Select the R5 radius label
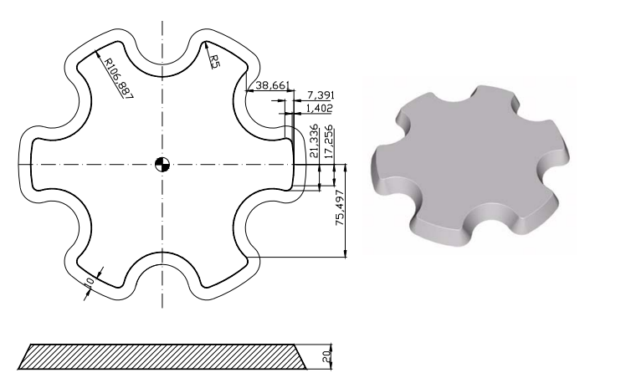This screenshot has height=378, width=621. click(x=213, y=59)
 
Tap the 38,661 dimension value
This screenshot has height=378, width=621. click(x=273, y=85)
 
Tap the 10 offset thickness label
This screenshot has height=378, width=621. click(x=90, y=283)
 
